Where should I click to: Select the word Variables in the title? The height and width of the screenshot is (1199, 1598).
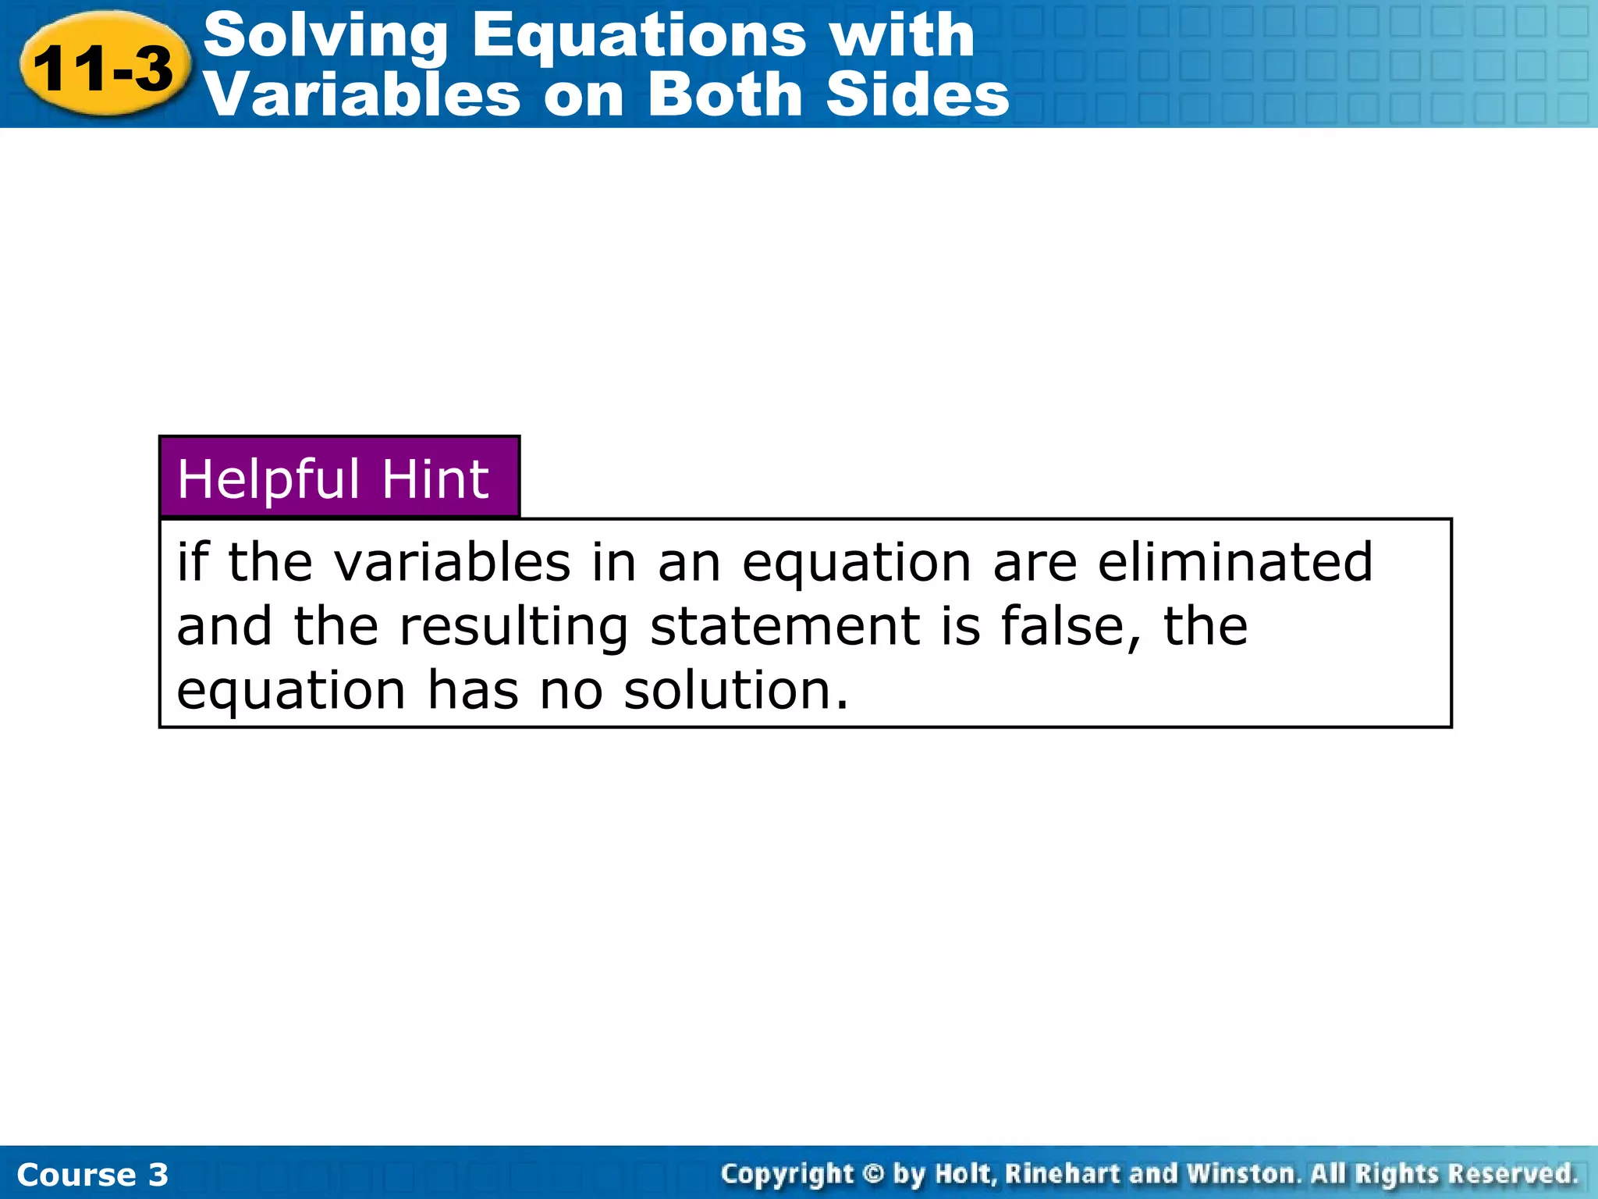tap(361, 95)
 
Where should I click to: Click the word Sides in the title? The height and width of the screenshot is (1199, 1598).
tap(918, 95)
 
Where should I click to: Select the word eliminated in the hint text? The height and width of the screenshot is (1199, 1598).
tap(1234, 562)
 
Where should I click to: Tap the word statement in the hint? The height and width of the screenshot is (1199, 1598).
tap(785, 627)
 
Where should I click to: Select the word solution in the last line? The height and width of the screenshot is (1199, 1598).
tap(735, 691)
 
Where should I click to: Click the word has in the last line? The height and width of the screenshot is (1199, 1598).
tap(472, 691)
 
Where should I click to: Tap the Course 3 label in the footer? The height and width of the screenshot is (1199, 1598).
tap(92, 1174)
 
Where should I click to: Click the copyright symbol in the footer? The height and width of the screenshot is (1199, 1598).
tap(873, 1173)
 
